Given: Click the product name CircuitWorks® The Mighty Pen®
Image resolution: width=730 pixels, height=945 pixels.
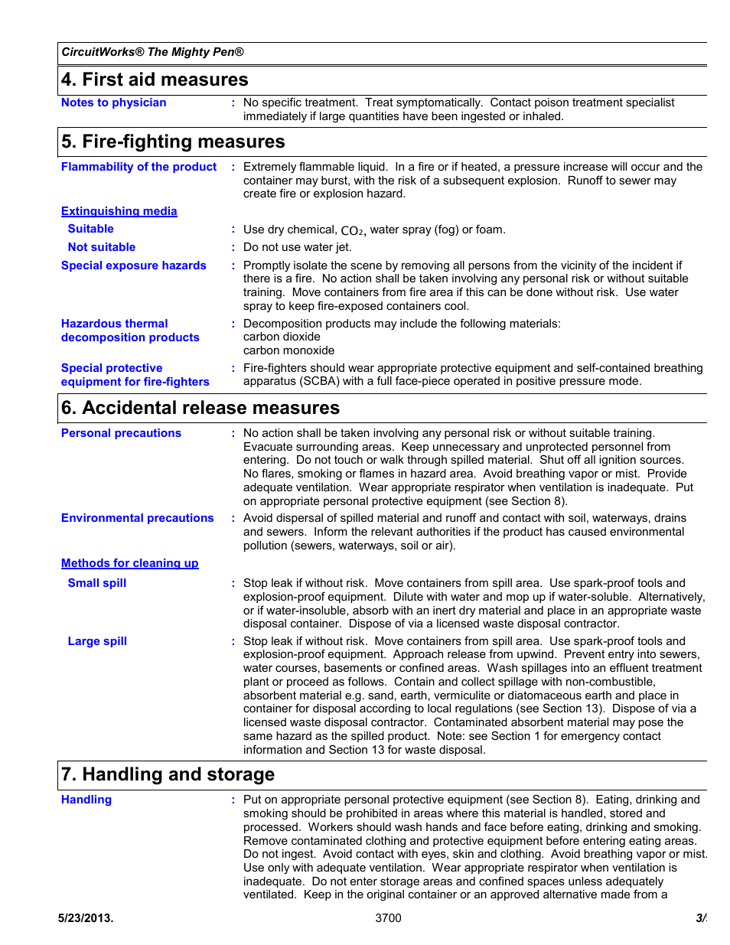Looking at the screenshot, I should coord(152,52).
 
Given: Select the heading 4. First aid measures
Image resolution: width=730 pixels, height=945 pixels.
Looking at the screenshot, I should coord(155,80).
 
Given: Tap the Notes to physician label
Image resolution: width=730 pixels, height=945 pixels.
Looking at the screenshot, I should coord(113,103).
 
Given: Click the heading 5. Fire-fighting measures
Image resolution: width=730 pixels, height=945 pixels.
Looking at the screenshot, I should coord(173,142).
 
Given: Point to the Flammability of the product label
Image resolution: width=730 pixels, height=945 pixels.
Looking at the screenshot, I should coord(139,167).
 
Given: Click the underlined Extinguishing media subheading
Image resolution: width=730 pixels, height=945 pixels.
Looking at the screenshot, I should coord(119,211).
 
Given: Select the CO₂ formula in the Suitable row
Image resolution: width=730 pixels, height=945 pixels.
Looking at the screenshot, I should coord(352,230).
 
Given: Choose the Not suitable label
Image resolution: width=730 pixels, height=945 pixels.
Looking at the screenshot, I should coord(101,247).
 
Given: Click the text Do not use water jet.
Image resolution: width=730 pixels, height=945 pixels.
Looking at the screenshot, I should coord(298,247).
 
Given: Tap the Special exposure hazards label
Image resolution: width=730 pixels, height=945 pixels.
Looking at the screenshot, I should coord(133,266).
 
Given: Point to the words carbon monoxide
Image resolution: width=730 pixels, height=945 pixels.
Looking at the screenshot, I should coord(288,350).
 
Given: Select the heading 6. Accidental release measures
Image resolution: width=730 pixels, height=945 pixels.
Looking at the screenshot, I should coord(200,408).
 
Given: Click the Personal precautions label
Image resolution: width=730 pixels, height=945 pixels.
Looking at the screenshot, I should coord(121,433).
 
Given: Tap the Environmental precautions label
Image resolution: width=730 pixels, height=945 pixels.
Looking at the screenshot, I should coord(137,518).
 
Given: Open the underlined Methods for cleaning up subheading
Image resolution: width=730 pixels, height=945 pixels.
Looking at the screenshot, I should coord(129,563).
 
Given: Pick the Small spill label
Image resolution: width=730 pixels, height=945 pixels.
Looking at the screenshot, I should coord(97,583).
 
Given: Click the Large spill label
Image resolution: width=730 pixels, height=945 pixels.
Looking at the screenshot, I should coord(97,641).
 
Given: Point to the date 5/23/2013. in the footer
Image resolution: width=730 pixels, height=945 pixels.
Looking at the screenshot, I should coord(86,918).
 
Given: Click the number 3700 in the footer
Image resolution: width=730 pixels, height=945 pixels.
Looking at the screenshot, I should coord(388,918).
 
